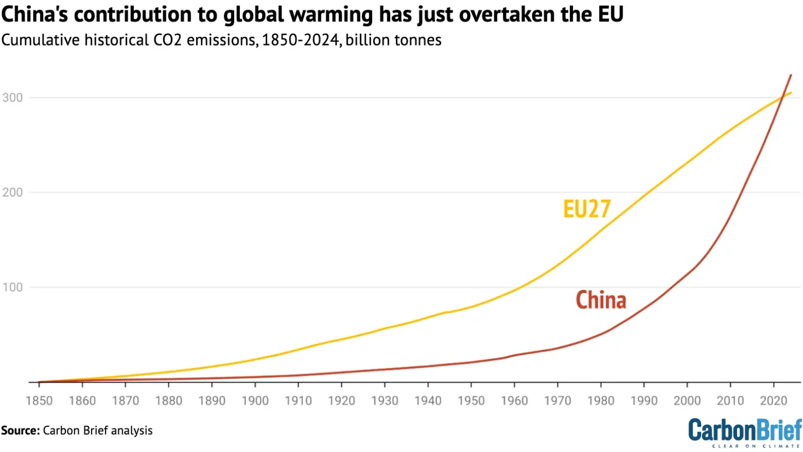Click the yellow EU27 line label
[x=587, y=209]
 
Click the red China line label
[x=601, y=300]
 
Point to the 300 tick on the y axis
[x=13, y=98]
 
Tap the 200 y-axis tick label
[x=13, y=193]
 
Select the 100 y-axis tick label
[x=13, y=287]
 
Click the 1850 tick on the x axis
[x=39, y=401]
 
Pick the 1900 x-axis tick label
[x=255, y=401]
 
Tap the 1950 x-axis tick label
[x=471, y=401]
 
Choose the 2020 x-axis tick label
[x=773, y=401]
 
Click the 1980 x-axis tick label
[x=601, y=401]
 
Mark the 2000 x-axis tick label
[x=687, y=401]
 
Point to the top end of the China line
[x=790, y=75]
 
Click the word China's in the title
[x=35, y=15]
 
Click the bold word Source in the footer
[x=20, y=431]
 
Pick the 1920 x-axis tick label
[x=341, y=401]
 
